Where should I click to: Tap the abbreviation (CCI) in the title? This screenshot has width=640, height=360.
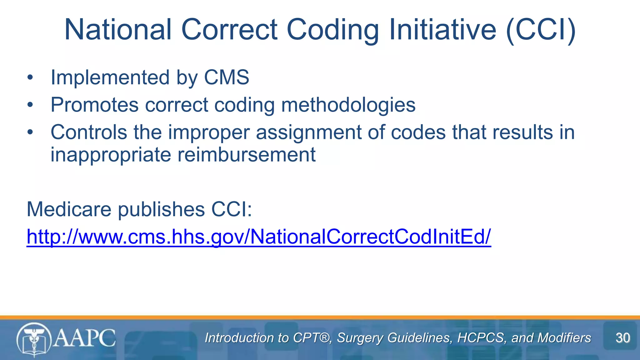(541, 29)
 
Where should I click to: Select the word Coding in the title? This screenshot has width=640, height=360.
(332, 29)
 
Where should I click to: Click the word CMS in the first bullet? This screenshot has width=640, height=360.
(227, 77)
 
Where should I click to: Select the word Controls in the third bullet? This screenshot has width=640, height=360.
(89, 132)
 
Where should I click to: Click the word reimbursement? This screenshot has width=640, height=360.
(247, 154)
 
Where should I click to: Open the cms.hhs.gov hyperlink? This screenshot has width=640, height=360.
(259, 237)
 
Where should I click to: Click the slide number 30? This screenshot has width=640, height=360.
(622, 338)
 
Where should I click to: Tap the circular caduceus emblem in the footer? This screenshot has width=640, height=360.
(33, 340)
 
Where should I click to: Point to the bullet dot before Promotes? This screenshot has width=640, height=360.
(30, 105)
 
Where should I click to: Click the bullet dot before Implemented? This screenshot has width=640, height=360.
(30, 77)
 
